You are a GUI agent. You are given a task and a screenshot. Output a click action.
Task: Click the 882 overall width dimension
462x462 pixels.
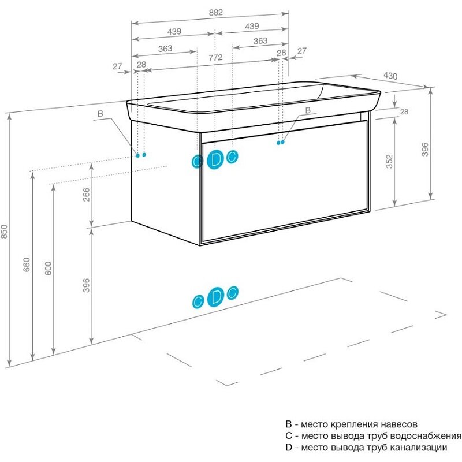pyautogui.click(x=215, y=13)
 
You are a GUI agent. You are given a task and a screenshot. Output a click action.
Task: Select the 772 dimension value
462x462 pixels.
pyautogui.click(x=215, y=57)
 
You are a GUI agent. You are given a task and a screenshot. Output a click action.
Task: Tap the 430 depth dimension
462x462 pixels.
pyautogui.click(x=390, y=76)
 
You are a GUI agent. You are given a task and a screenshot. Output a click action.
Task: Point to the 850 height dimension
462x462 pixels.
pyautogui.click(x=4, y=232)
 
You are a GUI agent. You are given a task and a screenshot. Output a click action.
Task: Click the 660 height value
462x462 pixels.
pyautogui.click(x=27, y=264)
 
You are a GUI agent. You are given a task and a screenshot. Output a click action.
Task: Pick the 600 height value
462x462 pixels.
pyautogui.click(x=48, y=268)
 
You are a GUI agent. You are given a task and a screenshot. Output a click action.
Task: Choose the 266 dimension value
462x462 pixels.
pyautogui.click(x=86, y=195)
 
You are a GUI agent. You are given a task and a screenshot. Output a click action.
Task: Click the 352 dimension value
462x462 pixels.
pyautogui.click(x=389, y=162)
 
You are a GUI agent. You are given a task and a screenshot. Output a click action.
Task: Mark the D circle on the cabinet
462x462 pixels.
pyautogui.click(x=215, y=159)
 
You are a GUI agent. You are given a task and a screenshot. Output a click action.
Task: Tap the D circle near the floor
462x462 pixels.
pyautogui.click(x=215, y=297)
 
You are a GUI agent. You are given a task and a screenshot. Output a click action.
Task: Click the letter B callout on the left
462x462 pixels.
pyautogui.click(x=100, y=114)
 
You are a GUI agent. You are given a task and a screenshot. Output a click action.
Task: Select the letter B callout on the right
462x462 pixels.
pyautogui.click(x=308, y=110)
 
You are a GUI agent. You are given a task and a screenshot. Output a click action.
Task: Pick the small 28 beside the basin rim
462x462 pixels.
pyautogui.click(x=404, y=111)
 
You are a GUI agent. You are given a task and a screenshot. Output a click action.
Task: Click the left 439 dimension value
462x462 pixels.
pyautogui.click(x=174, y=32)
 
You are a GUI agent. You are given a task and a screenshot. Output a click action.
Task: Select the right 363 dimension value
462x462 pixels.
pyautogui.click(x=260, y=40)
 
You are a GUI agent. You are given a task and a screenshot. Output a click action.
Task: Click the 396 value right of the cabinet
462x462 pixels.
pyautogui.click(x=424, y=150)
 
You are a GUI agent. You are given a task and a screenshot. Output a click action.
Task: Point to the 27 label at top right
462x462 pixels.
pyautogui.click(x=301, y=51)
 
